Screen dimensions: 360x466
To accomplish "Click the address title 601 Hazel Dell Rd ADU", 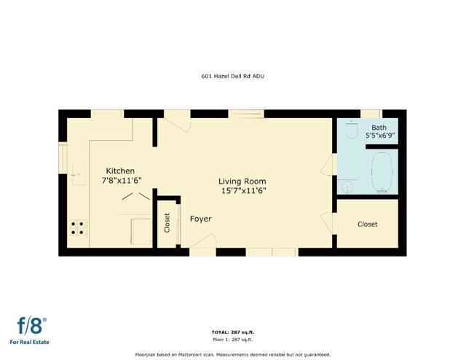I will click(x=232, y=75).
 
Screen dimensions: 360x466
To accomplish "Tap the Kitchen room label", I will click(x=121, y=171).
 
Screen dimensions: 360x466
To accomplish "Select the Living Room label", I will click(x=242, y=181).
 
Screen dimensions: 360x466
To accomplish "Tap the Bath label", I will click(x=379, y=128).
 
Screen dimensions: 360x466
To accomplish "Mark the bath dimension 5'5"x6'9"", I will click(x=379, y=136).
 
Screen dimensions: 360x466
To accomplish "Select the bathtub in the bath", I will click(x=383, y=173).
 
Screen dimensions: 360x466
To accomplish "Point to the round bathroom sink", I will click(x=347, y=187).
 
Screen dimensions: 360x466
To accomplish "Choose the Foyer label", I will click(x=201, y=219).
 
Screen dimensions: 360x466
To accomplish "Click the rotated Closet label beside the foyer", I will click(x=167, y=222).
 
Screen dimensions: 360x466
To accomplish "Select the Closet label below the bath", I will click(x=368, y=224).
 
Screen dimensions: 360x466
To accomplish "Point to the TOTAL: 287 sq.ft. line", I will click(x=232, y=332).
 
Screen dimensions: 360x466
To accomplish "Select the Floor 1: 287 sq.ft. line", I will click(x=232, y=340).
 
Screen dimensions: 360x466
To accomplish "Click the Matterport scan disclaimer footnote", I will click(x=232, y=353).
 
